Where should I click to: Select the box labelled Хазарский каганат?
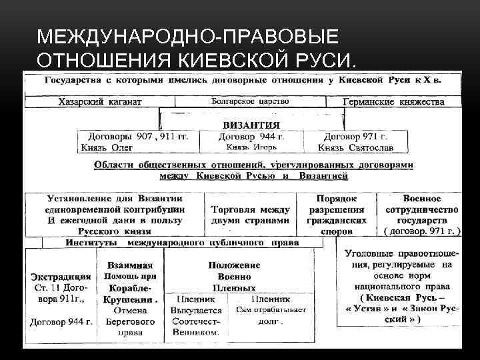[x=100, y=102]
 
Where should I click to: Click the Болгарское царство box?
[x=250, y=102]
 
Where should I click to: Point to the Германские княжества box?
[x=393, y=102]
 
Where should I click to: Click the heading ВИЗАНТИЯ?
[x=251, y=125]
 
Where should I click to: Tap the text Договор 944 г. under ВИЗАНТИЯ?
[x=251, y=136]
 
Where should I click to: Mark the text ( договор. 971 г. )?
[x=422, y=231]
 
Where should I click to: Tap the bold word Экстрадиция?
[x=61, y=276]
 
